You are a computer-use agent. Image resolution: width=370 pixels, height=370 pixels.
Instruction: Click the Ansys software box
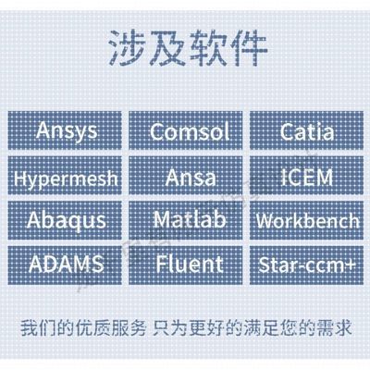[x=65, y=129]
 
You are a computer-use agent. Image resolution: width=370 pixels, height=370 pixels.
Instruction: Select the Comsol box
[x=185, y=129]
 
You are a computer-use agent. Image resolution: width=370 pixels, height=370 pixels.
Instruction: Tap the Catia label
[x=305, y=129]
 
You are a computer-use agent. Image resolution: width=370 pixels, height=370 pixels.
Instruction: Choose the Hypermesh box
[x=65, y=175]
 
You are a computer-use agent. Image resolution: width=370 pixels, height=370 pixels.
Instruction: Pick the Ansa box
[x=185, y=175]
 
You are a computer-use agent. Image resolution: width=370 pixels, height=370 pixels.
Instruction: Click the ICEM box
[x=305, y=175]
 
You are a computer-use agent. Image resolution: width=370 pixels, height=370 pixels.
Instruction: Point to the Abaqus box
[x=65, y=220]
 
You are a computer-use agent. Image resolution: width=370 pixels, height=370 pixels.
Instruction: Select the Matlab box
[x=185, y=220]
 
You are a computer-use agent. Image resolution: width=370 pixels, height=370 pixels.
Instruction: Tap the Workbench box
[x=305, y=220]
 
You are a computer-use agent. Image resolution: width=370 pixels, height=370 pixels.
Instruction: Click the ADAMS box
[x=65, y=265]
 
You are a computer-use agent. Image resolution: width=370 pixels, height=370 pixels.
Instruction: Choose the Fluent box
[x=185, y=265]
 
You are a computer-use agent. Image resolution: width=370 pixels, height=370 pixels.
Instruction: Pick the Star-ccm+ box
[x=305, y=265]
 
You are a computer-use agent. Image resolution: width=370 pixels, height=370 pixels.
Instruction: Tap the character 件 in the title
[x=245, y=43]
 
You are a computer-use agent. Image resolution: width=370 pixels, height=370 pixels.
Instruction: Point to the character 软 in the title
[x=205, y=43]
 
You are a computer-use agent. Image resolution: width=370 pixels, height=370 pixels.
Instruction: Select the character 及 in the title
[x=166, y=43]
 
